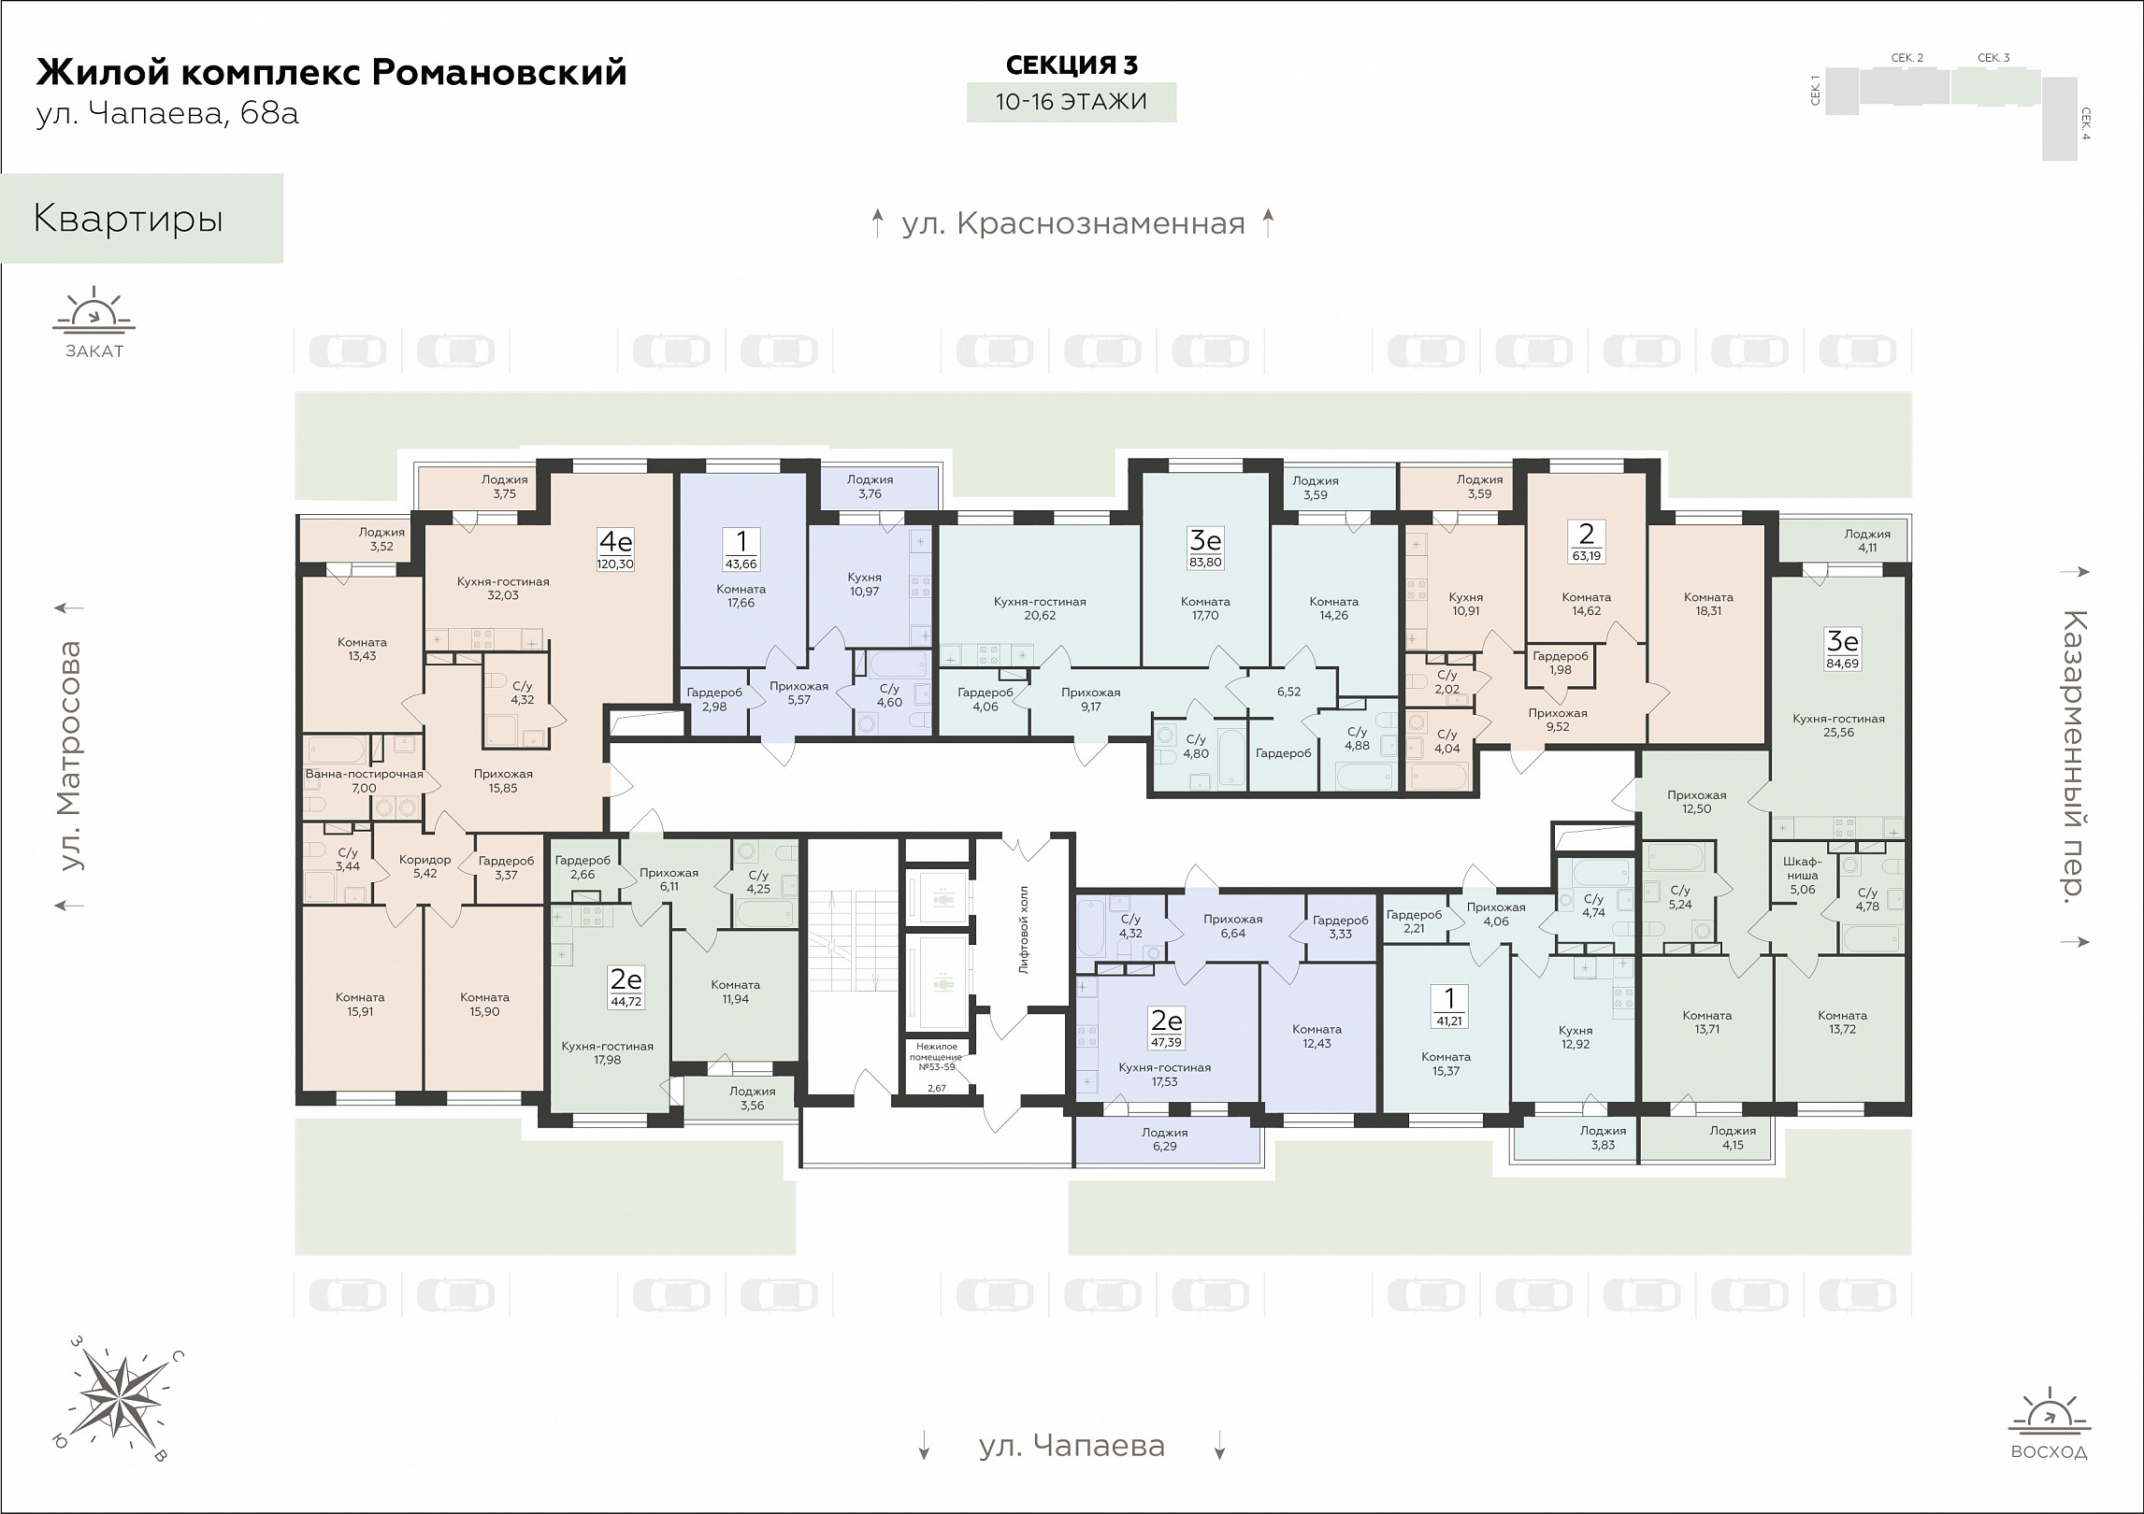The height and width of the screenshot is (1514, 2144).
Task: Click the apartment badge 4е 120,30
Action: (x=615, y=550)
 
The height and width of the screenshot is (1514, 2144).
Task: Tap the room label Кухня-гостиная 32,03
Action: (x=503, y=588)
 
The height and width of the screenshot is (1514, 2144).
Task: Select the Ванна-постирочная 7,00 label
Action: (x=364, y=780)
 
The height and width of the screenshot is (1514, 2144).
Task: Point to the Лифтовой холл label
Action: (x=1024, y=929)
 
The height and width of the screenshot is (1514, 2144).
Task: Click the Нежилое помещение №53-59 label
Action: (x=936, y=1055)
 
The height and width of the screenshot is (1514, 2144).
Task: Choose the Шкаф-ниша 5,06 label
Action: (x=1802, y=875)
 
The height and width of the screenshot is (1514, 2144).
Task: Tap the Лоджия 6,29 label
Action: (x=1164, y=1139)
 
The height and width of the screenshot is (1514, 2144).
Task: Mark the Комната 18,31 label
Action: (x=1708, y=604)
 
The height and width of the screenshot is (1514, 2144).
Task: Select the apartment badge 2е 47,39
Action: (x=1166, y=1028)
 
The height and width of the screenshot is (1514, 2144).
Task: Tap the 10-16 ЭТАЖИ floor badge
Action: (x=1072, y=102)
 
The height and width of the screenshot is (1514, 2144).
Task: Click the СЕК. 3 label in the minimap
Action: (x=1993, y=58)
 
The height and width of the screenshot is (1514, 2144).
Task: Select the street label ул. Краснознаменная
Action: (x=1073, y=224)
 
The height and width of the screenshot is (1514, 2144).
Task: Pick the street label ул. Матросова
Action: (x=70, y=755)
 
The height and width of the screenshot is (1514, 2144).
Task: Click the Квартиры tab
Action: (x=128, y=219)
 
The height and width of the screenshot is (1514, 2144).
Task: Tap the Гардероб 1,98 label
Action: (x=1560, y=663)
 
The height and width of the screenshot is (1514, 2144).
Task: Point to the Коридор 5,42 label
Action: (x=424, y=866)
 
